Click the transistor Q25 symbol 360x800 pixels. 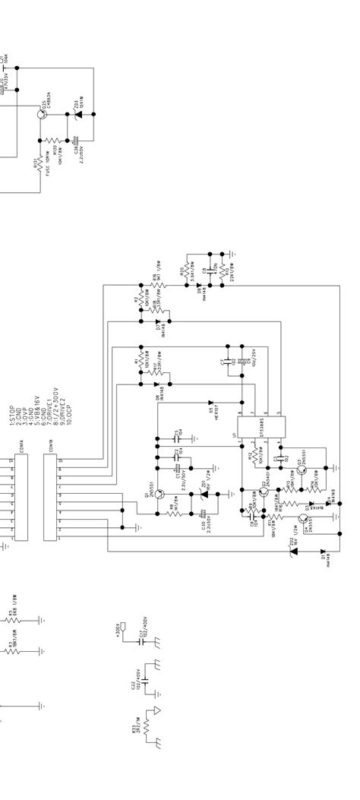tap(43, 114)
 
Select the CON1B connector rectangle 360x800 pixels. tap(50, 498)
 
